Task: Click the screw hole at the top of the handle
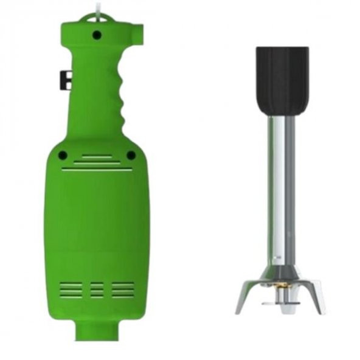coord(97,35)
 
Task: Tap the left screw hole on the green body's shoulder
coord(63,155)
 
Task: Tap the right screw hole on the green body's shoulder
coord(131,155)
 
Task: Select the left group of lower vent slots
coord(71,289)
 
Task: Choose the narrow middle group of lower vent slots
coord(97,289)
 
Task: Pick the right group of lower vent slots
coord(123,289)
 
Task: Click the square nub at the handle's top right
coord(139,29)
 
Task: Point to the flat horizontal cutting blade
coord(280,302)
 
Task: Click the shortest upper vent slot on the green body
coord(97,156)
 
